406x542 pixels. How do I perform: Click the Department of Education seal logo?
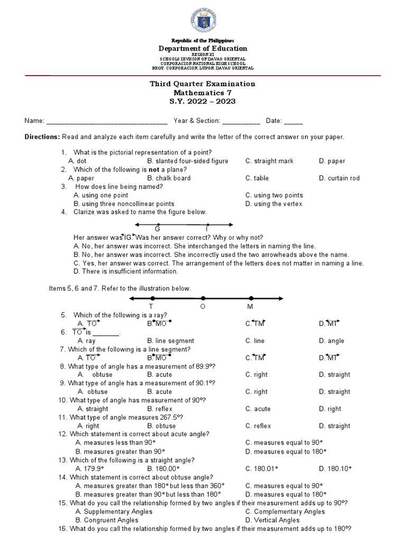[x=203, y=21]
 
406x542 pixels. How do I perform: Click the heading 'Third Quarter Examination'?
[x=203, y=84]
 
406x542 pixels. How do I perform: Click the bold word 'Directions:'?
[x=42, y=137]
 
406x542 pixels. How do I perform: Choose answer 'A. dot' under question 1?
[x=77, y=161]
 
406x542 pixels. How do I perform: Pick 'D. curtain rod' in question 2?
[x=339, y=178]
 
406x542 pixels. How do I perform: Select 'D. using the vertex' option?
[x=274, y=204]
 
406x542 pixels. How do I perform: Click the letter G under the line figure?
[x=157, y=229]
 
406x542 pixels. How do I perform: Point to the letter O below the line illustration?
[x=202, y=307]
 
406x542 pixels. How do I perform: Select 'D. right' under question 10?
[x=330, y=409]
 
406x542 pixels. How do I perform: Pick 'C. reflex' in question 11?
[x=258, y=426]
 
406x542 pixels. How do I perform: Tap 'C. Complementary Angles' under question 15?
[x=285, y=511]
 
